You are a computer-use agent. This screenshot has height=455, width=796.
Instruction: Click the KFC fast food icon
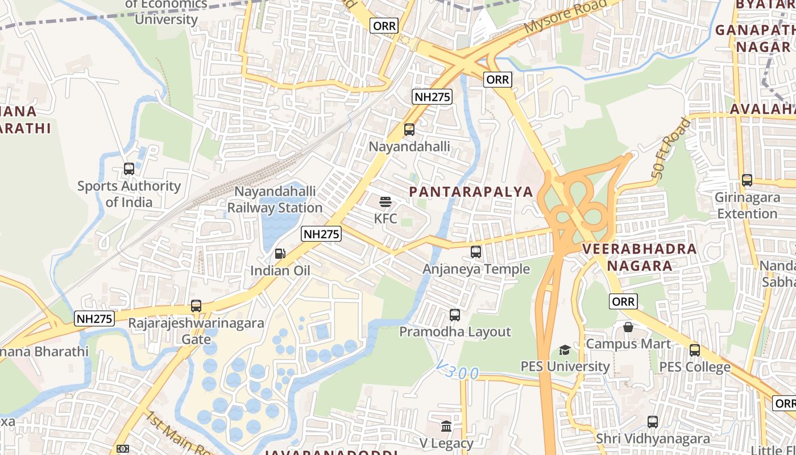385,202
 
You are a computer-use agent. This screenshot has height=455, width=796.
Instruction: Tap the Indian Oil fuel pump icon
280,254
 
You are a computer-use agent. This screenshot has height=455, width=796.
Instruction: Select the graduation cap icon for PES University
565,350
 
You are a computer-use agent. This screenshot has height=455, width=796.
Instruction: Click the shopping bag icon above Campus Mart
628,327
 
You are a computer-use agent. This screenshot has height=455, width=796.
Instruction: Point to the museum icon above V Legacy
446,426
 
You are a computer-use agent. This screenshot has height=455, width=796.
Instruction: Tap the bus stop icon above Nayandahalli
409,130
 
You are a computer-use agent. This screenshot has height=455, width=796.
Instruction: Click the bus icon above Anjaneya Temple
476,251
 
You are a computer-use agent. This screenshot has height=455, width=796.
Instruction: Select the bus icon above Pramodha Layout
455,315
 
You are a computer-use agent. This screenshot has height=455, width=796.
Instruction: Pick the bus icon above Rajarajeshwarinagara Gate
196,306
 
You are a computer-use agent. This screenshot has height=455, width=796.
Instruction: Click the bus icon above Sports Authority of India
129,169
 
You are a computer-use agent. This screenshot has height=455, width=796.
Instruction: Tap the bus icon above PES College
695,350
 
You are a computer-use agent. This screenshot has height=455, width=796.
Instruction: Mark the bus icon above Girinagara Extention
747,180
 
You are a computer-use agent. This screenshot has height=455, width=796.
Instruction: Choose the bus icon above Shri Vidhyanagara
653,422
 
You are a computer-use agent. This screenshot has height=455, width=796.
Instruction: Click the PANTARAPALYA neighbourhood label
471,192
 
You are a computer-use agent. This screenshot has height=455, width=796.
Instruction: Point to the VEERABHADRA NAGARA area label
640,257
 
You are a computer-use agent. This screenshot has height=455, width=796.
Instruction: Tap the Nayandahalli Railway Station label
275,200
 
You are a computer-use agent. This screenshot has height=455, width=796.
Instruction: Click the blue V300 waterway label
459,373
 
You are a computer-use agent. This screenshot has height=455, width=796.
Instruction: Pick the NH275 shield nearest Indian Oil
321,234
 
